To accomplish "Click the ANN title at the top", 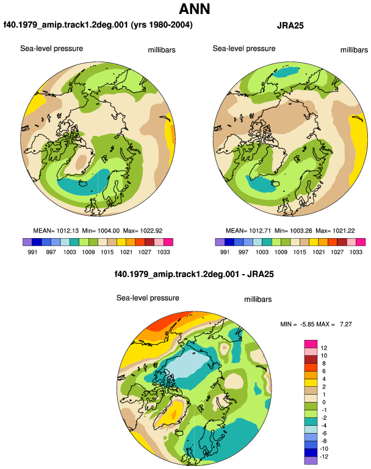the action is coord(194,9).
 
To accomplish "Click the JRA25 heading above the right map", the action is coord(290,26).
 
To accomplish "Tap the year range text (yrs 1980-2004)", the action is coord(162,24).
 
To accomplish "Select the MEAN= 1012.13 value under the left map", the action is coord(56,231).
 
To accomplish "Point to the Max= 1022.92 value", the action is coord(143,231).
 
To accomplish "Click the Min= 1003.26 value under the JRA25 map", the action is coord(294,231).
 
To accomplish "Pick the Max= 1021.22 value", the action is coord(335,231).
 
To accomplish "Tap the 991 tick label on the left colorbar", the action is coord(32,252).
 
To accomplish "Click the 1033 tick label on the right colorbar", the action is coord(356,252).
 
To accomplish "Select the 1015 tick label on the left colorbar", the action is coord(107,252).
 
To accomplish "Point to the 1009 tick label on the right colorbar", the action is coord(281,252).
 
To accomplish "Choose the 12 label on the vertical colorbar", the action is coord(324,348).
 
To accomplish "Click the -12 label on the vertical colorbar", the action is coord(324,457).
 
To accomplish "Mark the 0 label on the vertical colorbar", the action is coord(324,402).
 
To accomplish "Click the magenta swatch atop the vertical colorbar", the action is coord(311,344).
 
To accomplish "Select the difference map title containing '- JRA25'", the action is coord(194,274).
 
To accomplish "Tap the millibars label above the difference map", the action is coord(258,300).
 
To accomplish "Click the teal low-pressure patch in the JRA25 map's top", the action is coord(287,72).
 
